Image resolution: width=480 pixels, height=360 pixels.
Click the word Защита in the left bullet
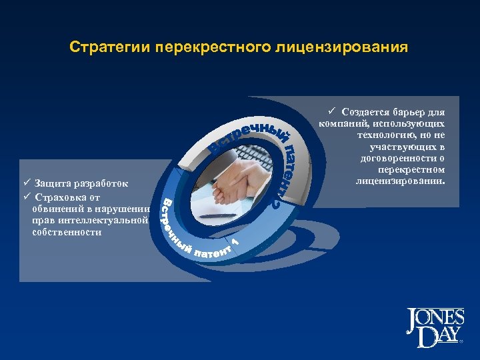pyautogui.click(x=51, y=183)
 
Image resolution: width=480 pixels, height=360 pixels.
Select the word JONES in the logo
pyautogui.click(x=432, y=318)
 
